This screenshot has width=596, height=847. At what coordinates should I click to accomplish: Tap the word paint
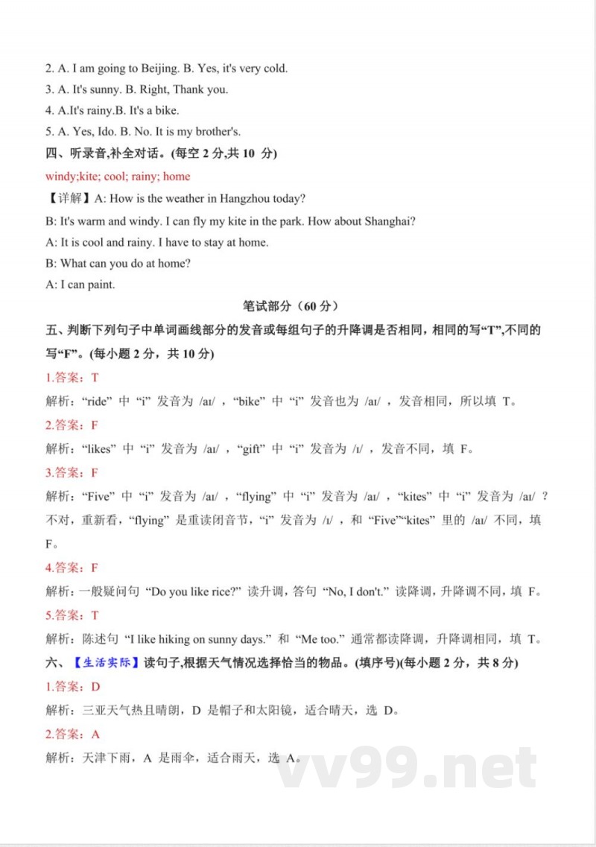click(x=103, y=284)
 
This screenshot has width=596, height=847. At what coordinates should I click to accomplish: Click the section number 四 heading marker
click(x=51, y=154)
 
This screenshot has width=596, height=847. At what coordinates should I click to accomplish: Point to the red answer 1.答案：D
click(x=73, y=686)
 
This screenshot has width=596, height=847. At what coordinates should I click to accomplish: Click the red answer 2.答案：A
click(x=73, y=734)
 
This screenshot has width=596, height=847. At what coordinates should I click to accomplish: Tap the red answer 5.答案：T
click(x=72, y=615)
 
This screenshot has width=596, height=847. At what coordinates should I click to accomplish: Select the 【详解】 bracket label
click(x=65, y=199)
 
